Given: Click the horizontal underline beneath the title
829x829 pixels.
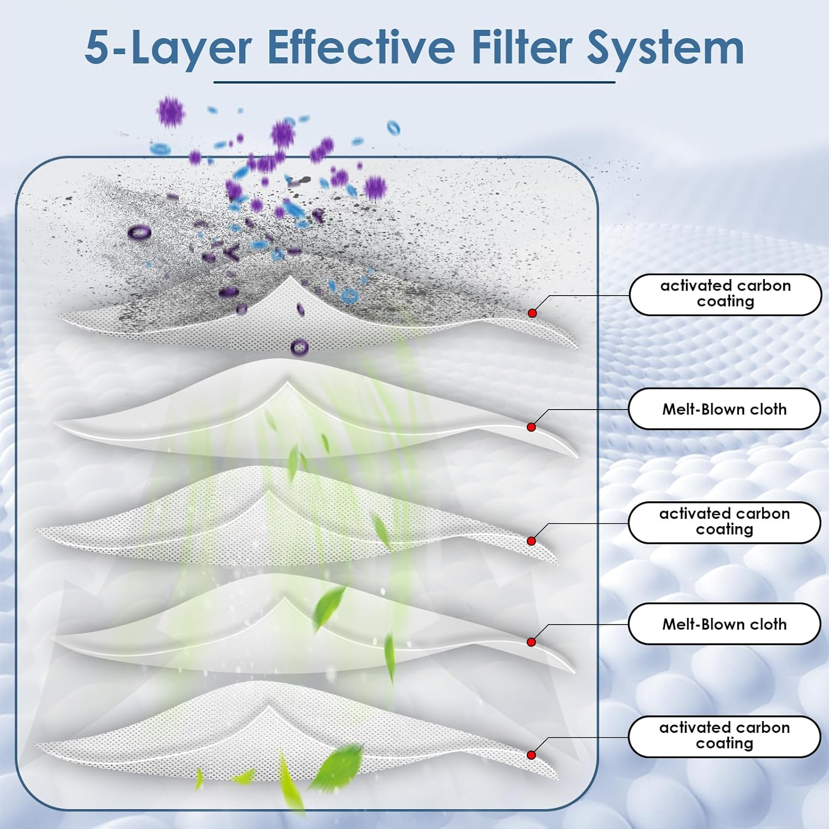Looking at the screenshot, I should tap(414, 82).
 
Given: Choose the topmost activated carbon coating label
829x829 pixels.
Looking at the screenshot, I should tap(725, 294).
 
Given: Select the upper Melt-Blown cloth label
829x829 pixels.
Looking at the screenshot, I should tap(724, 409).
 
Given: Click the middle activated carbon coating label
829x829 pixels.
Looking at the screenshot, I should tap(724, 522).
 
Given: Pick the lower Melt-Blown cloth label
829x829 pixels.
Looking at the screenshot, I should tap(724, 624).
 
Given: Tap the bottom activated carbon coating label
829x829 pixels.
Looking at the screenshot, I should tap(724, 736).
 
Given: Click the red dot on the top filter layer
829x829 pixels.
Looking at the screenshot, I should tap(532, 313).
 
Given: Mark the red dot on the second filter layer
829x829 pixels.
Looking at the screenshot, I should tap(531, 427).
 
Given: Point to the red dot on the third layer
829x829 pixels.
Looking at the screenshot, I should tap(531, 541).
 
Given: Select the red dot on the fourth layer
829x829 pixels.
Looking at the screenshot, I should tap(531, 642).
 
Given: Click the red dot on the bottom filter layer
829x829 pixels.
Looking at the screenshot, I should tap(531, 755).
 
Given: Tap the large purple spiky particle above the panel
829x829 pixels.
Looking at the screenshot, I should tap(170, 112).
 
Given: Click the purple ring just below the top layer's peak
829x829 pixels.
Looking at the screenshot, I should tap(299, 347).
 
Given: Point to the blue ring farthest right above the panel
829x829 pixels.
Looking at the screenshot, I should tap(393, 128).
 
